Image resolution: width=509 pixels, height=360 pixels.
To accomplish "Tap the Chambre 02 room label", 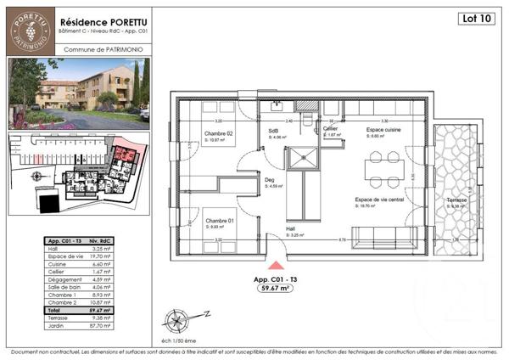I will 218,133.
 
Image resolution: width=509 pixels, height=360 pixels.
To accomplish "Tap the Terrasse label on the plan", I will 457,200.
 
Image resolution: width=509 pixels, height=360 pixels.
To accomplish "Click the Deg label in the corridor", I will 271,180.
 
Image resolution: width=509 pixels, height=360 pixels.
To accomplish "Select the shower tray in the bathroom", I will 303,158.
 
